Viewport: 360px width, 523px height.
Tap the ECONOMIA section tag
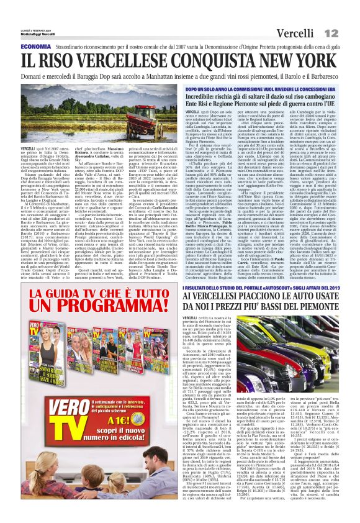(x=35, y=47)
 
